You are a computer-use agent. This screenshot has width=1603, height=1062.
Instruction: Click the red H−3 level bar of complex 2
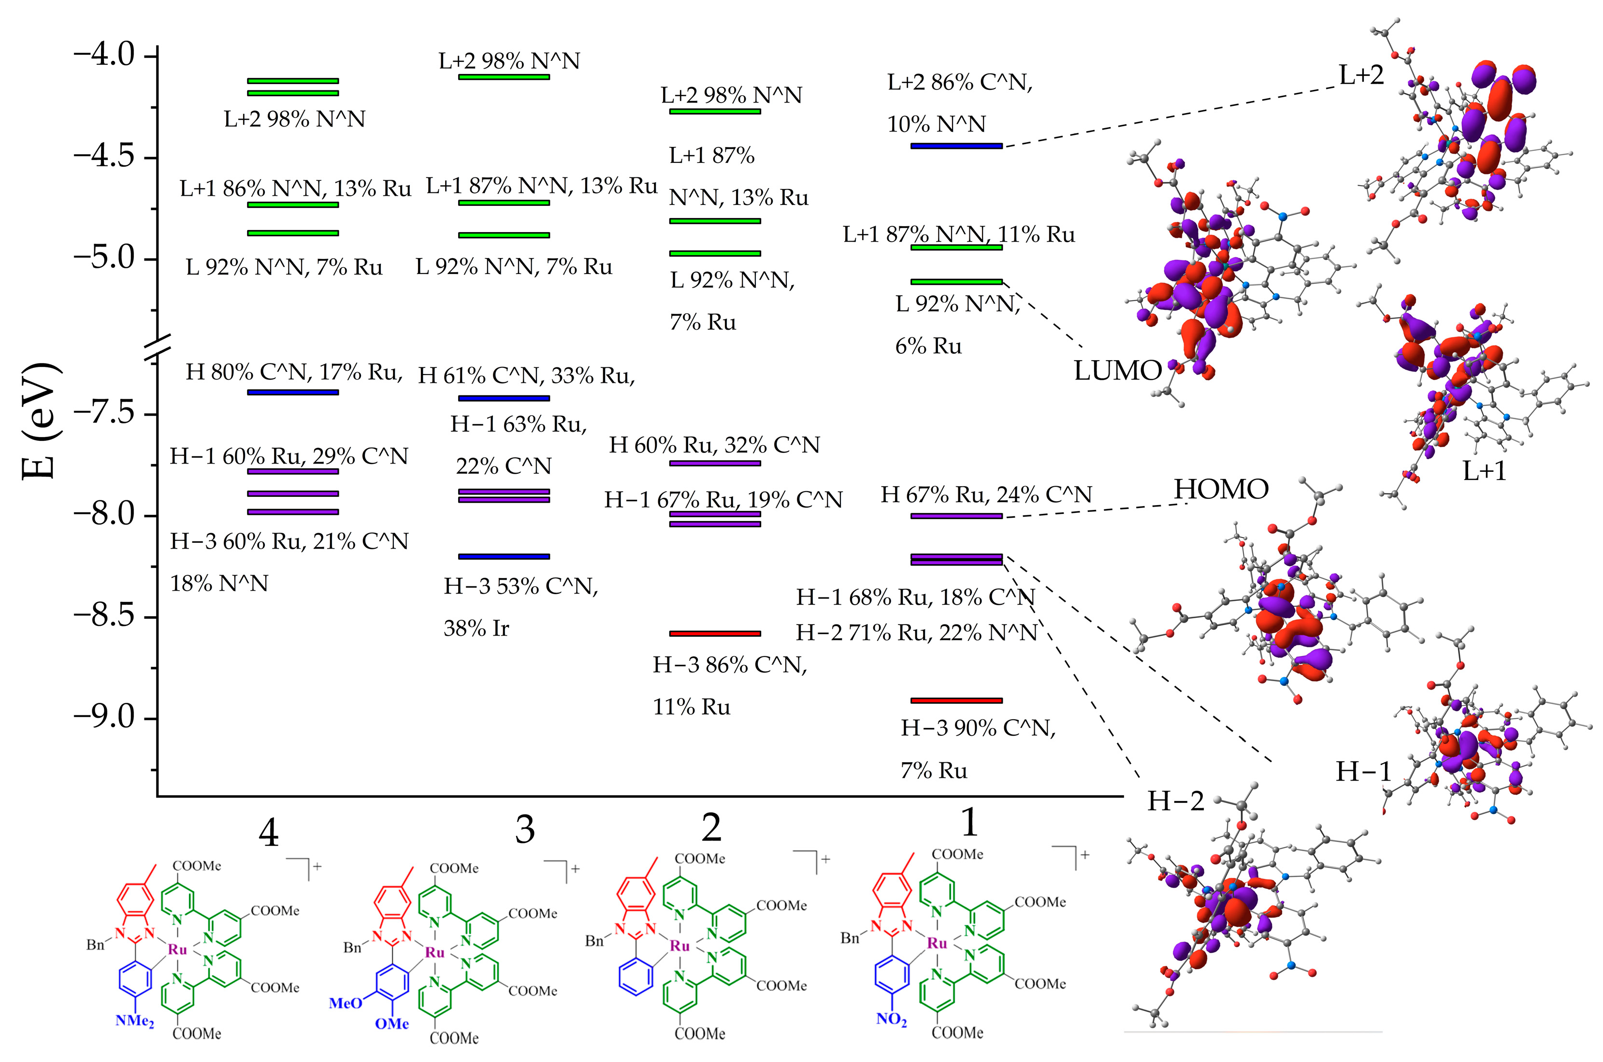click(x=715, y=633)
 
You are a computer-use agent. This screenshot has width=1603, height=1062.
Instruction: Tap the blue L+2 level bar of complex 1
click(x=956, y=145)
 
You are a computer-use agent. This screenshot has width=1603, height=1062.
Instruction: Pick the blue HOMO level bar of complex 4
click(x=293, y=392)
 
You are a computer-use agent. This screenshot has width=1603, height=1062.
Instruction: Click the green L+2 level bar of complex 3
click(x=504, y=76)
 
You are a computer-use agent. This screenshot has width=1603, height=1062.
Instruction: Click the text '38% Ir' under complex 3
click(x=476, y=628)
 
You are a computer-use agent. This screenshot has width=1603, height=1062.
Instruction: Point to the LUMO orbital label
click(x=1118, y=370)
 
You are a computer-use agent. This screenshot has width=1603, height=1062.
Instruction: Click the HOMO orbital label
click(x=1221, y=489)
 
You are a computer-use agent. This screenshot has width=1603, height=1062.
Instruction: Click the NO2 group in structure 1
click(x=891, y=1020)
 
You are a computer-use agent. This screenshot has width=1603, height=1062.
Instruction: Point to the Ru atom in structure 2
click(x=679, y=946)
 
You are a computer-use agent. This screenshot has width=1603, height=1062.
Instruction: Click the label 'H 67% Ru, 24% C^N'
click(x=986, y=495)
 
